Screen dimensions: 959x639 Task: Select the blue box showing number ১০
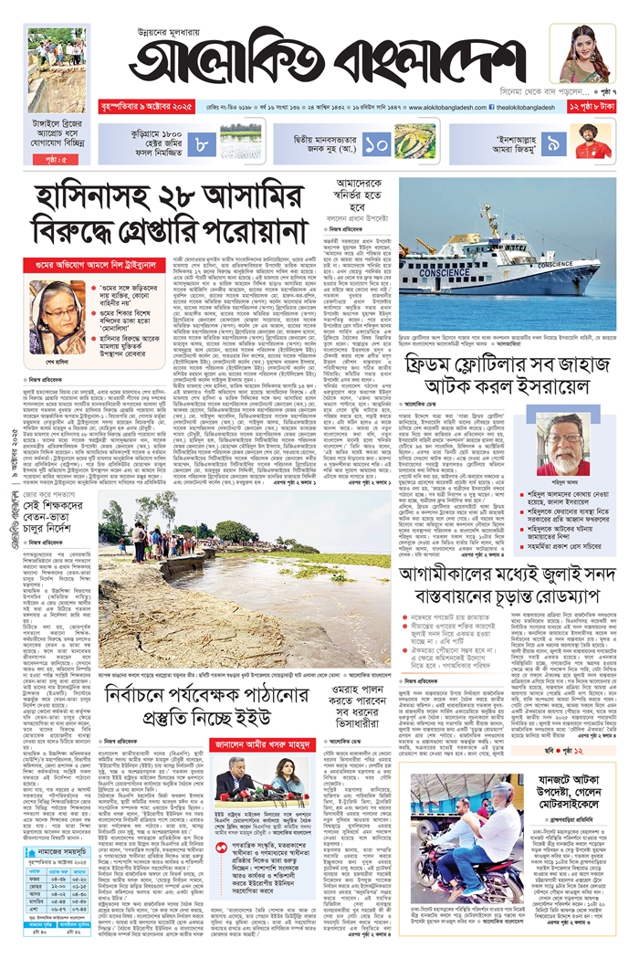pos(375,144)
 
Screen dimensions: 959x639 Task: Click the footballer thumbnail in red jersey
pos(593,143)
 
